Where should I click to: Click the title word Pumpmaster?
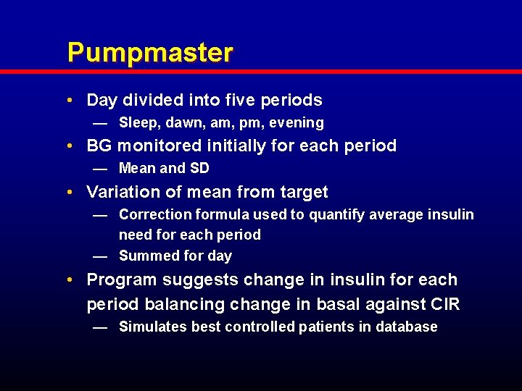(150, 53)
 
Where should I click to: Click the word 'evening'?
(295, 123)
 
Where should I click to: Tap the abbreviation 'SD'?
(199, 169)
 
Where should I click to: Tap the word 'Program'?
(120, 279)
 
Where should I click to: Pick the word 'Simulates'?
(151, 327)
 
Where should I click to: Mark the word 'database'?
(406, 327)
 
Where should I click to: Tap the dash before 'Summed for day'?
(100, 256)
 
